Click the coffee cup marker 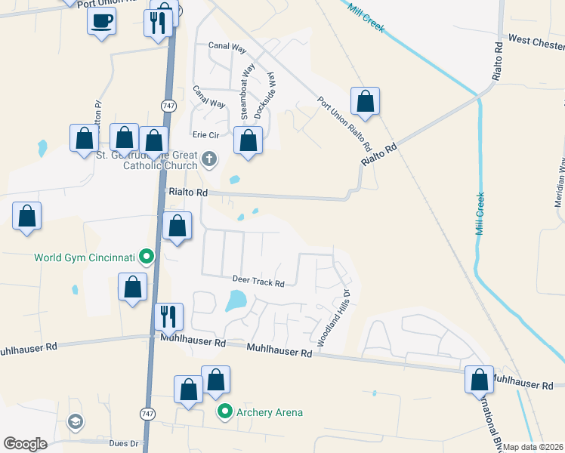(100, 21)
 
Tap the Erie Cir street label (205, 134)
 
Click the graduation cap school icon (75, 421)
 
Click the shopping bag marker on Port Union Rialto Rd (365, 101)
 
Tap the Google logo (25, 444)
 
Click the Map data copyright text (533, 447)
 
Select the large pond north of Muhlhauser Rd (236, 302)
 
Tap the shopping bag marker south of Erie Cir (249, 140)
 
